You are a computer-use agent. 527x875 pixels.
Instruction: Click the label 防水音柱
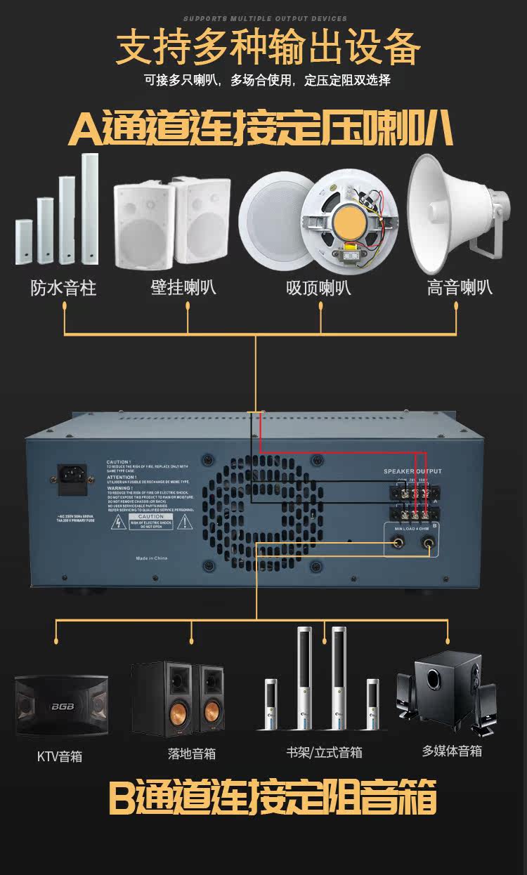point(63,288)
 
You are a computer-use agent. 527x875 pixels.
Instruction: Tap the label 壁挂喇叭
point(183,288)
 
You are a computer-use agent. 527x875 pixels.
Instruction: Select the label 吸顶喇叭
point(318,288)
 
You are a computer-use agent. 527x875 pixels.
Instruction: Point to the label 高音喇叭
point(460,288)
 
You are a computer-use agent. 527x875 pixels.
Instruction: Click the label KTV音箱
point(60,756)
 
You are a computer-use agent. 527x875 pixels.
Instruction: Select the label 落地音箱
point(192,754)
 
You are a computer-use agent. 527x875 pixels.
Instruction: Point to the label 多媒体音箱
point(452,751)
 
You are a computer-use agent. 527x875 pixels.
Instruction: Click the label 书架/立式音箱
point(324,752)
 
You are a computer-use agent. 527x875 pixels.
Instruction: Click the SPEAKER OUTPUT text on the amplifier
point(412,471)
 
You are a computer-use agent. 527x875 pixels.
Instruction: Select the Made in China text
point(152,558)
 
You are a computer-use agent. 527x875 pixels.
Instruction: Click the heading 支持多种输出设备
point(268,48)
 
